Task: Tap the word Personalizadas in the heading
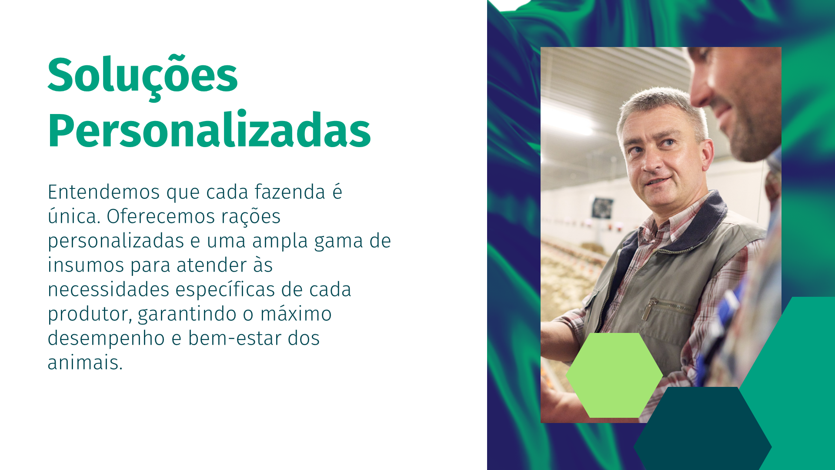[x=209, y=130]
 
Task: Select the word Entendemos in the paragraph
[x=104, y=192]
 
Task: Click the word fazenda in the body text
[x=290, y=192]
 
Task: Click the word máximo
[x=296, y=314]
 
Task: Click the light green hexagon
[x=614, y=375]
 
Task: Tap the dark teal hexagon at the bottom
[x=702, y=429]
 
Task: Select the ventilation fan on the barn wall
[x=602, y=208]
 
